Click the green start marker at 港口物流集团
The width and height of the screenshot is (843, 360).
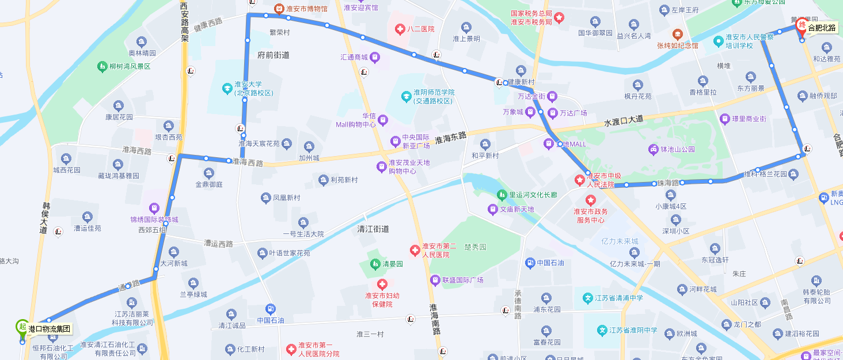click(22, 327)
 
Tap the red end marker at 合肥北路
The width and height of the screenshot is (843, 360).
click(800, 25)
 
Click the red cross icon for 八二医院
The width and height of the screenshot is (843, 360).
click(399, 29)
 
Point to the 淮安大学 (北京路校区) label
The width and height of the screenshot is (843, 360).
click(253, 88)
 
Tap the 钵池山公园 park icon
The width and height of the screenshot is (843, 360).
click(653, 150)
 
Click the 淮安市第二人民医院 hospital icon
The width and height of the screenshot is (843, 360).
click(414, 250)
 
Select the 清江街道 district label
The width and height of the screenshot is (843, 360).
click(373, 229)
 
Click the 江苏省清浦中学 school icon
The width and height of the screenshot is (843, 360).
click(588, 298)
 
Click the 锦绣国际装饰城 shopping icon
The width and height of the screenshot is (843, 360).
click(154, 208)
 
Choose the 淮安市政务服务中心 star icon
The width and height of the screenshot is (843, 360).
click(590, 200)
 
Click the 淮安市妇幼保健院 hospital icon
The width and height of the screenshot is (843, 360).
click(382, 284)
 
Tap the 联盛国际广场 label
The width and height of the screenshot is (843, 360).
click(463, 280)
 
